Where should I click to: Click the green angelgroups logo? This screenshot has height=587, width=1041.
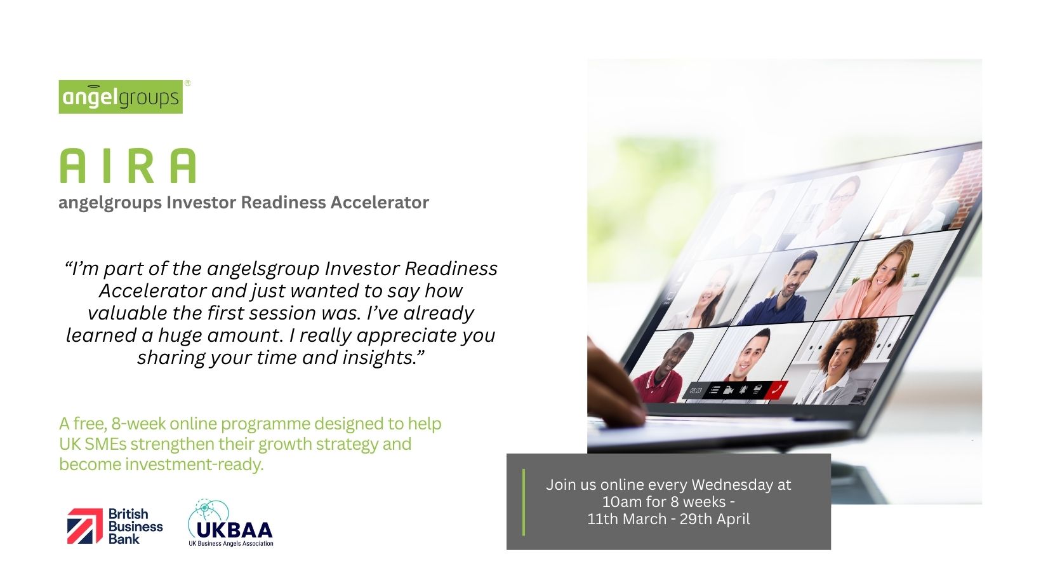coord(121,97)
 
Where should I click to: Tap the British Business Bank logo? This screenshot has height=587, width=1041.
coord(115,526)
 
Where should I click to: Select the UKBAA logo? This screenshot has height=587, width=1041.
coord(230,523)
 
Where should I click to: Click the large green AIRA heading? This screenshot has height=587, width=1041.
coord(128,166)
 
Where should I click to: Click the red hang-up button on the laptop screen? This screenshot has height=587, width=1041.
coord(776,390)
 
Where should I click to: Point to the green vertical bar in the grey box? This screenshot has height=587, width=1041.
coord(524,503)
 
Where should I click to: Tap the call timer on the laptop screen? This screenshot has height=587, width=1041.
coord(696,391)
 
